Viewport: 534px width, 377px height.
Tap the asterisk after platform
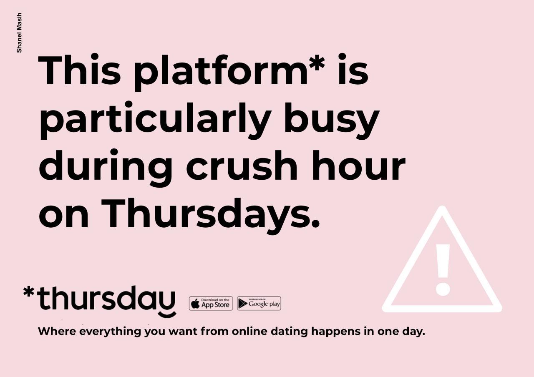tap(317, 63)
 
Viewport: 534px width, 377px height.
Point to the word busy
tap(331, 121)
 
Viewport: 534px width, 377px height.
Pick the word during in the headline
tap(106, 168)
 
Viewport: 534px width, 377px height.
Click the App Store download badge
tap(211, 303)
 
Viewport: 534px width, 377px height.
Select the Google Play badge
tap(259, 303)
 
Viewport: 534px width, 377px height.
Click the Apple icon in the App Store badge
tap(196, 304)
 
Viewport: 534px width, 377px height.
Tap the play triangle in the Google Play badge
tap(243, 303)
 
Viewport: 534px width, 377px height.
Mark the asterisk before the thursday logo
tap(29, 292)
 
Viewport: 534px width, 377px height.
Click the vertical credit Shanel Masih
tap(19, 33)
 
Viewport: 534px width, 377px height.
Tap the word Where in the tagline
tap(57, 331)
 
